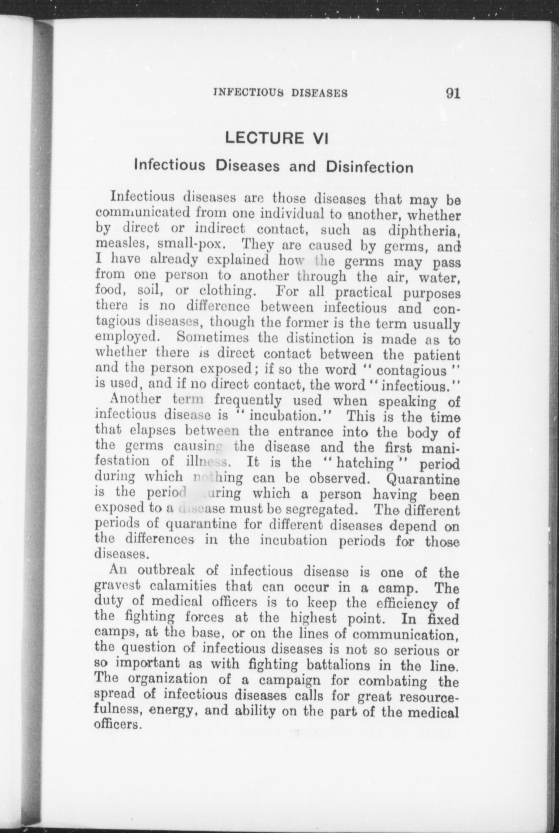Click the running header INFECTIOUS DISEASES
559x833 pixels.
click(x=280, y=93)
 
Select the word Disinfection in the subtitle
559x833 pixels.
click(x=369, y=167)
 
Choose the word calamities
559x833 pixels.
click(x=180, y=586)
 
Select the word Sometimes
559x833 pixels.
click(x=213, y=338)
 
